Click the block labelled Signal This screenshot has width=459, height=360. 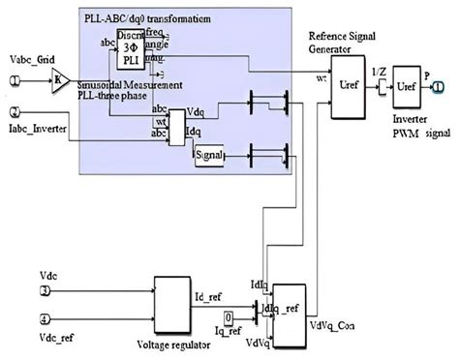[208, 155]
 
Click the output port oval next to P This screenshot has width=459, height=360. [439, 86]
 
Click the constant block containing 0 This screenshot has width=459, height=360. [228, 315]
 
